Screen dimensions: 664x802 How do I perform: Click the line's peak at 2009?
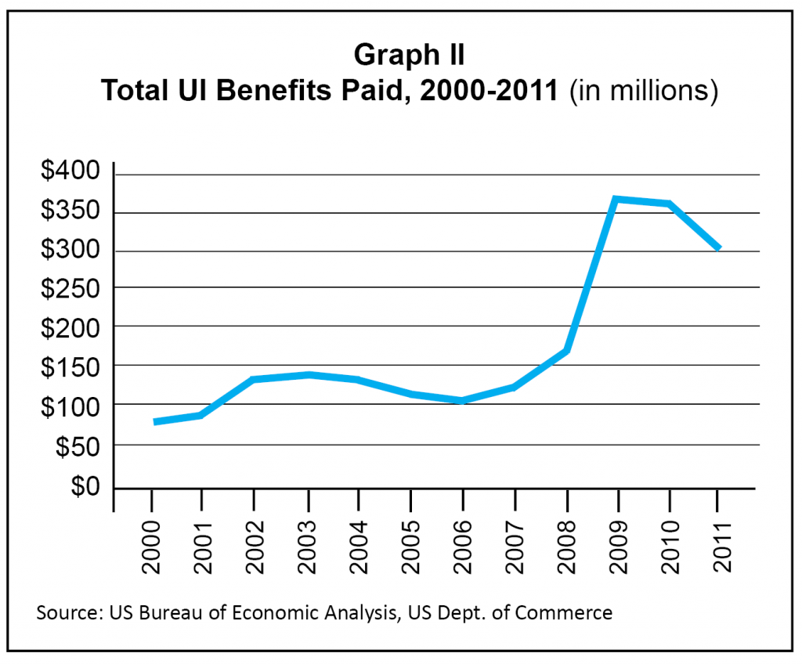616,200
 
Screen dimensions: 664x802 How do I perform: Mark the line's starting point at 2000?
155,422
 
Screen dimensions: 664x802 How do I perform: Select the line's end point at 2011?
718,248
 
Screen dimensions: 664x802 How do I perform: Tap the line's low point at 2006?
463,400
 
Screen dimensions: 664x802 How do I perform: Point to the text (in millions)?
644,90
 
